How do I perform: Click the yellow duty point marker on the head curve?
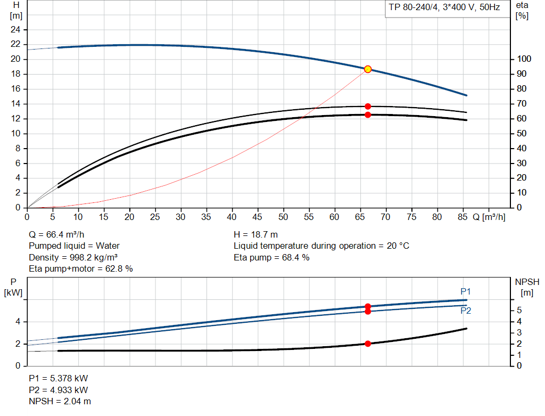coord(368,69)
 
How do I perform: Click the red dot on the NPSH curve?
coord(368,344)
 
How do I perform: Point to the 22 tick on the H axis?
coord(15,44)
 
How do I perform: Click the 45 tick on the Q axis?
coord(258,217)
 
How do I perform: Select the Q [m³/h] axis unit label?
coord(489,217)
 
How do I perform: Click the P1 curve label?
coord(466,291)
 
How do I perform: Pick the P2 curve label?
coord(466,311)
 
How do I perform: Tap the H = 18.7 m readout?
coord(256,234)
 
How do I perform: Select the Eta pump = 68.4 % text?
coord(271,258)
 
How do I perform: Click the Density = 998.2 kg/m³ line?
coord(73,258)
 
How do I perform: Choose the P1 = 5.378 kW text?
coord(58,378)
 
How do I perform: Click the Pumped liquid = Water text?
coord(74,246)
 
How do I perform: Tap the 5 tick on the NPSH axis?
coord(519,311)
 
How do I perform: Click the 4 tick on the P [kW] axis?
coord(18,322)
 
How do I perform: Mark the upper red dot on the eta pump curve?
coord(368,107)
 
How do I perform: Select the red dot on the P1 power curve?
coord(368,306)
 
